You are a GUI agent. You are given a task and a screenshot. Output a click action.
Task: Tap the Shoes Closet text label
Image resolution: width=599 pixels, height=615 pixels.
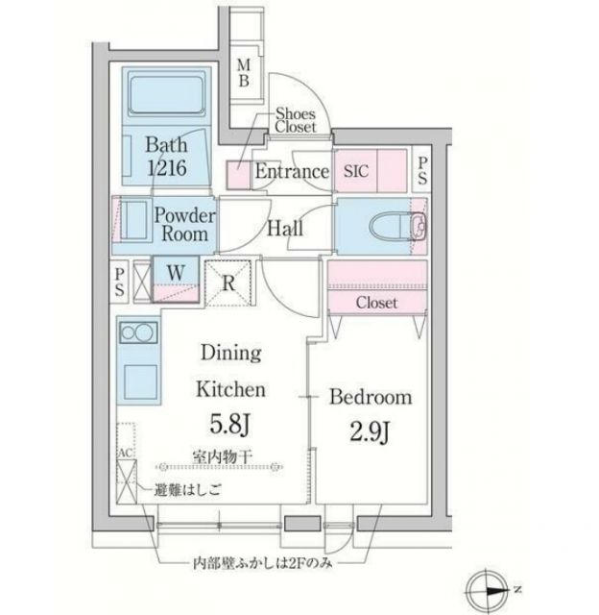coord(295,119)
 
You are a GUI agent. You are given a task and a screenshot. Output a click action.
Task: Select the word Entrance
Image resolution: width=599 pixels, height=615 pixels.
coord(292,173)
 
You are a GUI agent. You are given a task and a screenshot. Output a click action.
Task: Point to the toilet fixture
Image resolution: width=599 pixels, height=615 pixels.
coord(392,228)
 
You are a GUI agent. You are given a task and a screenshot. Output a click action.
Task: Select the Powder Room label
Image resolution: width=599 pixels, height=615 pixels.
coord(184,225)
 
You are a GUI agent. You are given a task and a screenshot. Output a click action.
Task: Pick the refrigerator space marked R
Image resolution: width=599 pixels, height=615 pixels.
coord(228,283)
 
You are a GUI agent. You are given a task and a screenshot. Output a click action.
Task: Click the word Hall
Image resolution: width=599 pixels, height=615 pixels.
coord(285,229)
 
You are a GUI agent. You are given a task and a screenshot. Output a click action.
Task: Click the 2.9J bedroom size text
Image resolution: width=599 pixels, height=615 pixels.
coord(371,432)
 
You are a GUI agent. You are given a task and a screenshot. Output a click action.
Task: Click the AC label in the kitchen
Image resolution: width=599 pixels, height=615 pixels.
coord(125,453)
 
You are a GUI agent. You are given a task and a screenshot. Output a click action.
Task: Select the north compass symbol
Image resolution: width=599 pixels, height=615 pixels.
coord(490,589)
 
